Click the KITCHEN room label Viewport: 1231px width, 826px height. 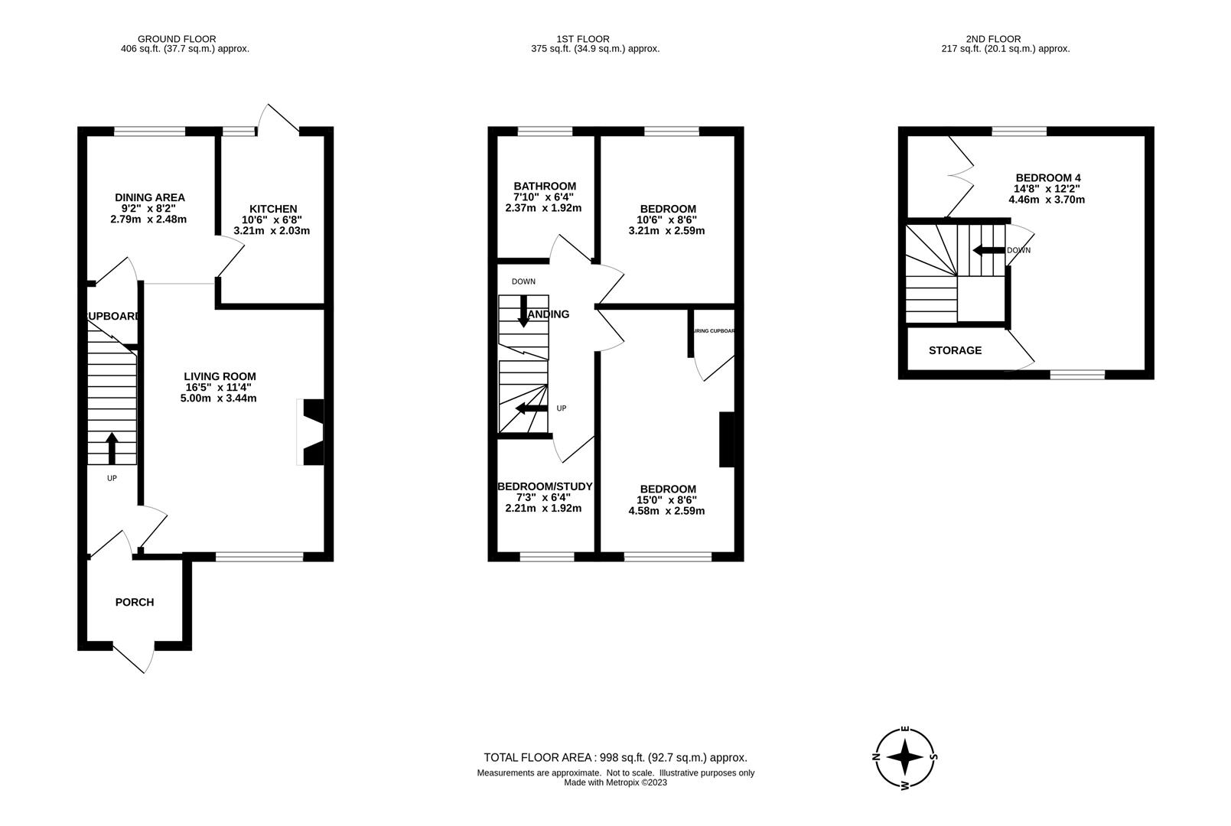pos(272,209)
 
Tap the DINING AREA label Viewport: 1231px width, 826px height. pos(149,197)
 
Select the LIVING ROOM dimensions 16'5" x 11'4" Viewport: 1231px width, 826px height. pos(220,387)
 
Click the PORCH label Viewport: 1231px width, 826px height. pos(135,602)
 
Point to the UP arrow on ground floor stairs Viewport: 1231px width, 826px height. pos(112,449)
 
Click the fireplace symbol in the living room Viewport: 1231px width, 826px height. pos(313,432)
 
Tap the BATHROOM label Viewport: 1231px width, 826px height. pos(544,186)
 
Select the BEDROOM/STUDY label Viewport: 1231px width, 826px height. pos(544,486)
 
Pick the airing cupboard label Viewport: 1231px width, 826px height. pos(713,331)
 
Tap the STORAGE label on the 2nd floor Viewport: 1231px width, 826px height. pos(955,350)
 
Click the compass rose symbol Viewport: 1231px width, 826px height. pos(906,757)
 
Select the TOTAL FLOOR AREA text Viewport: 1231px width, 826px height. pos(615,757)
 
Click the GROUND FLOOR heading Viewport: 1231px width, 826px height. pos(177,39)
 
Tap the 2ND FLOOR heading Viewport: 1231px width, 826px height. pos(993,39)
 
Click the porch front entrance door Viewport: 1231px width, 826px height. pos(132,658)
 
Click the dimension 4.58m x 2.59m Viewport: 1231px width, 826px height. pos(666,511)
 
